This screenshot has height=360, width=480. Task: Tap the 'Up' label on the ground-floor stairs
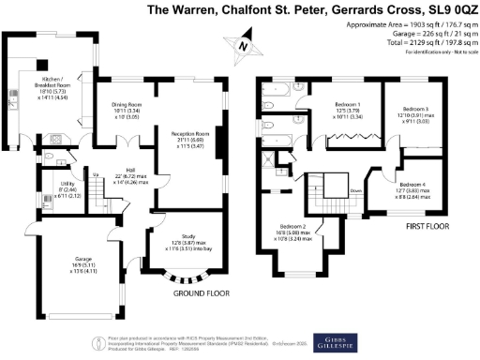click(96, 173)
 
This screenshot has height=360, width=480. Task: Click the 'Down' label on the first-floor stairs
click(354, 190)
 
